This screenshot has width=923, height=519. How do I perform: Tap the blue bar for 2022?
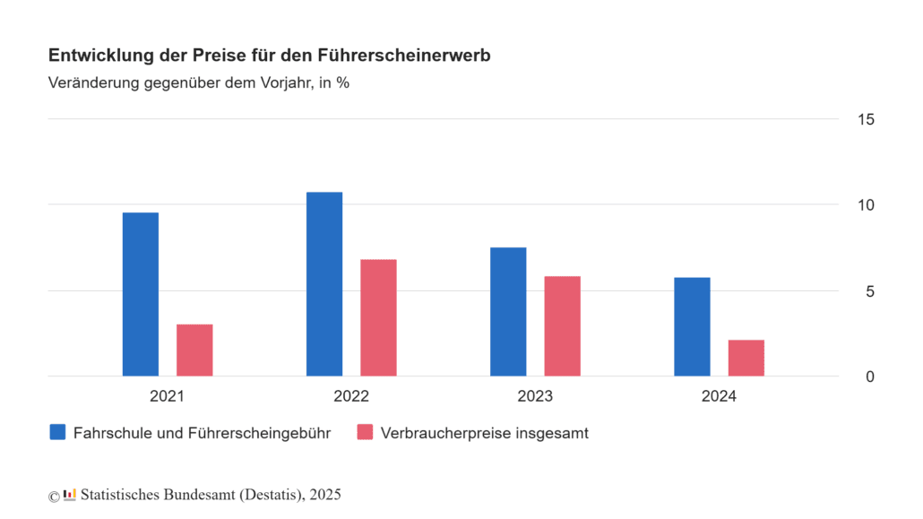pyautogui.click(x=324, y=284)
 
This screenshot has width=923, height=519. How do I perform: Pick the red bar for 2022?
pyautogui.click(x=378, y=317)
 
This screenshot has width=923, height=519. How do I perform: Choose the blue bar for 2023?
pyautogui.click(x=508, y=311)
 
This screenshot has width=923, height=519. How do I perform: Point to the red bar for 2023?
pyautogui.click(x=562, y=325)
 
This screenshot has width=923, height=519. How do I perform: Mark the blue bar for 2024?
pyautogui.click(x=692, y=326)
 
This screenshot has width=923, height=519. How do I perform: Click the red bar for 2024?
pyautogui.click(x=746, y=358)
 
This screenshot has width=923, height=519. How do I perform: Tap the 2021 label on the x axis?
pyautogui.click(x=168, y=396)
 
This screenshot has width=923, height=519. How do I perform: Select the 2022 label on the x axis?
pyautogui.click(x=351, y=396)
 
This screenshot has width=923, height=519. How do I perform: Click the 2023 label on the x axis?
pyautogui.click(x=535, y=396)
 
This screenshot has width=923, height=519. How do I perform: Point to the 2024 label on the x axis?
pyautogui.click(x=719, y=396)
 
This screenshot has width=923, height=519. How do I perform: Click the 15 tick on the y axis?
pyautogui.click(x=865, y=120)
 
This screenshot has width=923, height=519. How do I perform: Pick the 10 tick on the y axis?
pyautogui.click(x=865, y=205)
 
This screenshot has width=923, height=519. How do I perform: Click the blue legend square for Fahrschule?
pyautogui.click(x=58, y=433)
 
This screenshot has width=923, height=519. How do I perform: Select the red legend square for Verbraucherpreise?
pyautogui.click(x=365, y=433)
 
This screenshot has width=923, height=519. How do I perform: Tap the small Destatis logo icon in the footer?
pyautogui.click(x=70, y=495)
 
